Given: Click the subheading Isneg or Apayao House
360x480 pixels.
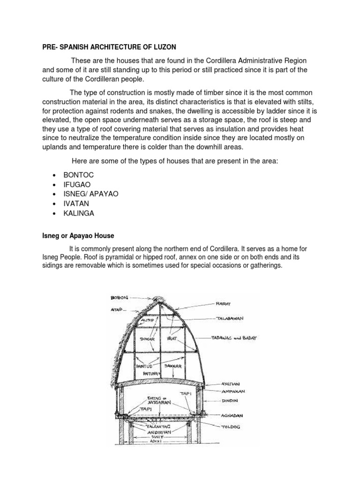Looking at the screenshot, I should [78, 235].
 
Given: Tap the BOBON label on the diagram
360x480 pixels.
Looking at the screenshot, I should [120, 297].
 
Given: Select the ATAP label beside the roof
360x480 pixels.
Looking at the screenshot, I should [116, 309].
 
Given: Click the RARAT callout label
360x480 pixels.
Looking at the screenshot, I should [227, 304].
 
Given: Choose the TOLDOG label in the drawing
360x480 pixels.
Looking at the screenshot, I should [229, 427].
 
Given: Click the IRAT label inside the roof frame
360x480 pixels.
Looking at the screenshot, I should [172, 337].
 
